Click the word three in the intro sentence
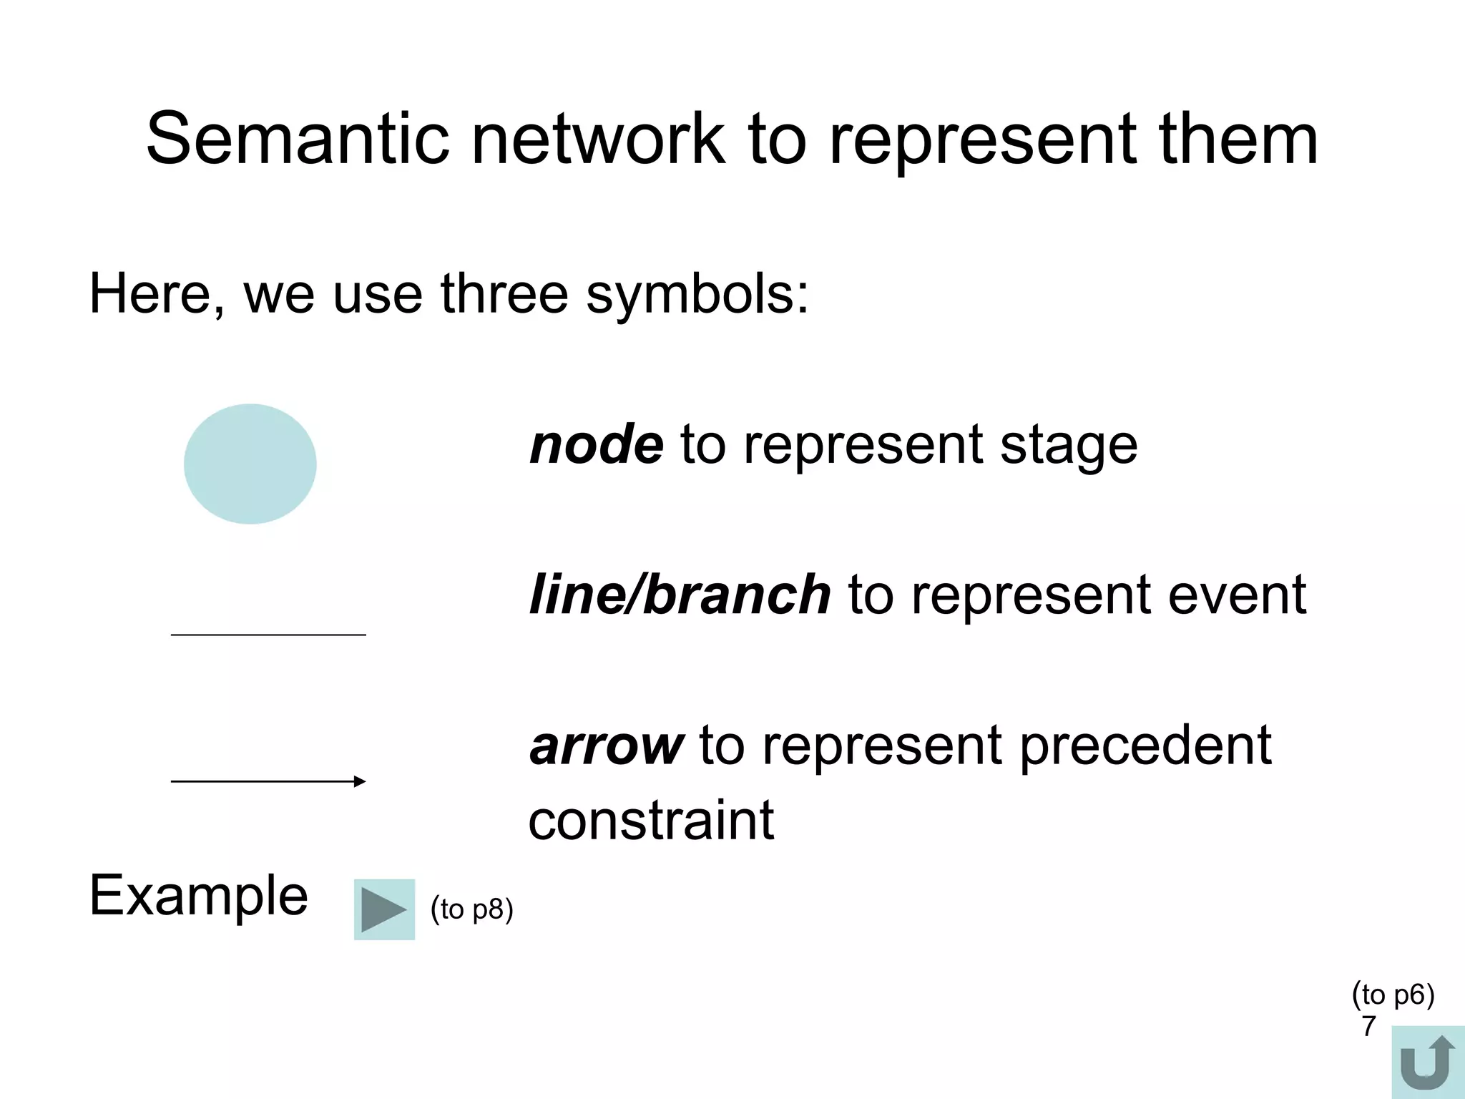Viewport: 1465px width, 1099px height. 504,294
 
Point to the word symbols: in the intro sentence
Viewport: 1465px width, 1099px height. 697,295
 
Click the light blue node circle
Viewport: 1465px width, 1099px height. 250,464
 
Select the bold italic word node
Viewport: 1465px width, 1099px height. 596,444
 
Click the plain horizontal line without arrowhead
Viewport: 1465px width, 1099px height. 268,635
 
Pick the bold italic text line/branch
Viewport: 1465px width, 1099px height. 680,595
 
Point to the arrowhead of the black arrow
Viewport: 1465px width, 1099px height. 361,781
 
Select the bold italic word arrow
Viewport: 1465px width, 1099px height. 606,746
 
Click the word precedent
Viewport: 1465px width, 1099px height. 1145,746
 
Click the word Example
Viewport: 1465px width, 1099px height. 198,895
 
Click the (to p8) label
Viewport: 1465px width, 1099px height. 471,909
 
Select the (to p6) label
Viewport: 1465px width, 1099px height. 1393,995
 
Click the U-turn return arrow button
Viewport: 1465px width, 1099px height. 1427,1063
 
